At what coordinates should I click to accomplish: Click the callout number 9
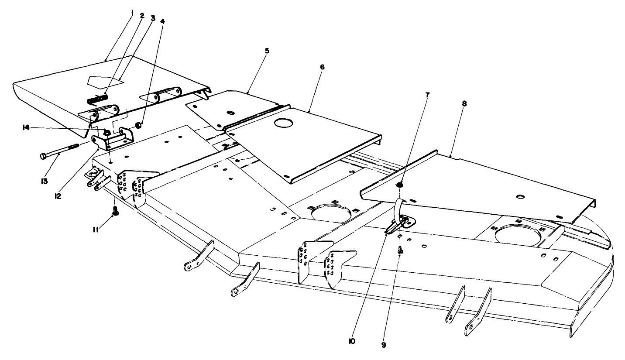[383, 345]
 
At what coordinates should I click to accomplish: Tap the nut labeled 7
[400, 185]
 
